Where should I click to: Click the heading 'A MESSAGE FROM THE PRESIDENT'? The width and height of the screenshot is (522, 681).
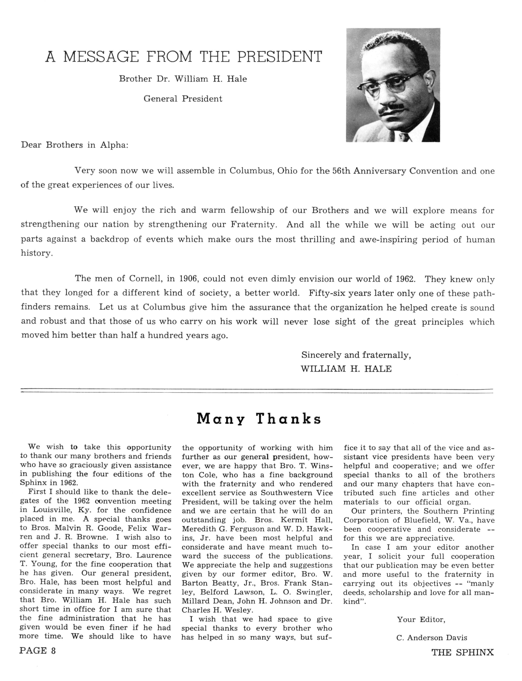pyautogui.click(x=184, y=57)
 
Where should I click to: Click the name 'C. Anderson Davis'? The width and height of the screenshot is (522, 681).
pyautogui.click(x=432, y=638)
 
